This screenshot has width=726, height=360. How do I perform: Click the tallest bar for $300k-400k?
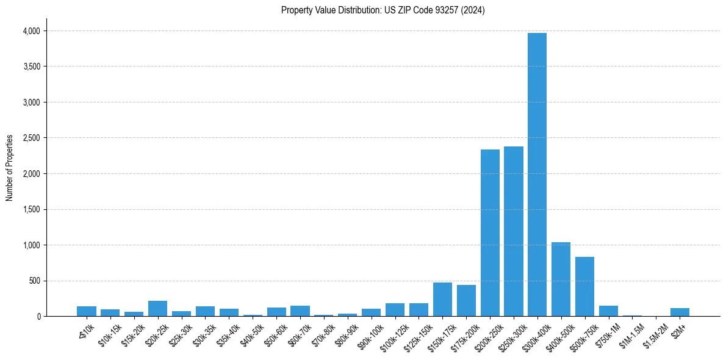tap(537, 175)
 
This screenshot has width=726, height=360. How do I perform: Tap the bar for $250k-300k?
tap(514, 231)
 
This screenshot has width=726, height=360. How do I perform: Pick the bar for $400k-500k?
tap(561, 279)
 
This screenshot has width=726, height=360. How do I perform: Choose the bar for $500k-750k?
tap(584, 287)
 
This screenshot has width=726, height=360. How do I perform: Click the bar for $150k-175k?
tap(442, 300)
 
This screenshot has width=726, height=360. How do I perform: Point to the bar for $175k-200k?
tap(466, 301)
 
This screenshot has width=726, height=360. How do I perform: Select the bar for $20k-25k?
tap(157, 309)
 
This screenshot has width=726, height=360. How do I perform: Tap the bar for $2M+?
tap(680, 312)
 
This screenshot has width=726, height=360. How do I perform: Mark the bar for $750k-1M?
tap(608, 311)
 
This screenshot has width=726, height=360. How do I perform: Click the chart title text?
tap(383, 10)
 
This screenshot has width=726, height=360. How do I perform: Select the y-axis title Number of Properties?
tap(10, 168)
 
